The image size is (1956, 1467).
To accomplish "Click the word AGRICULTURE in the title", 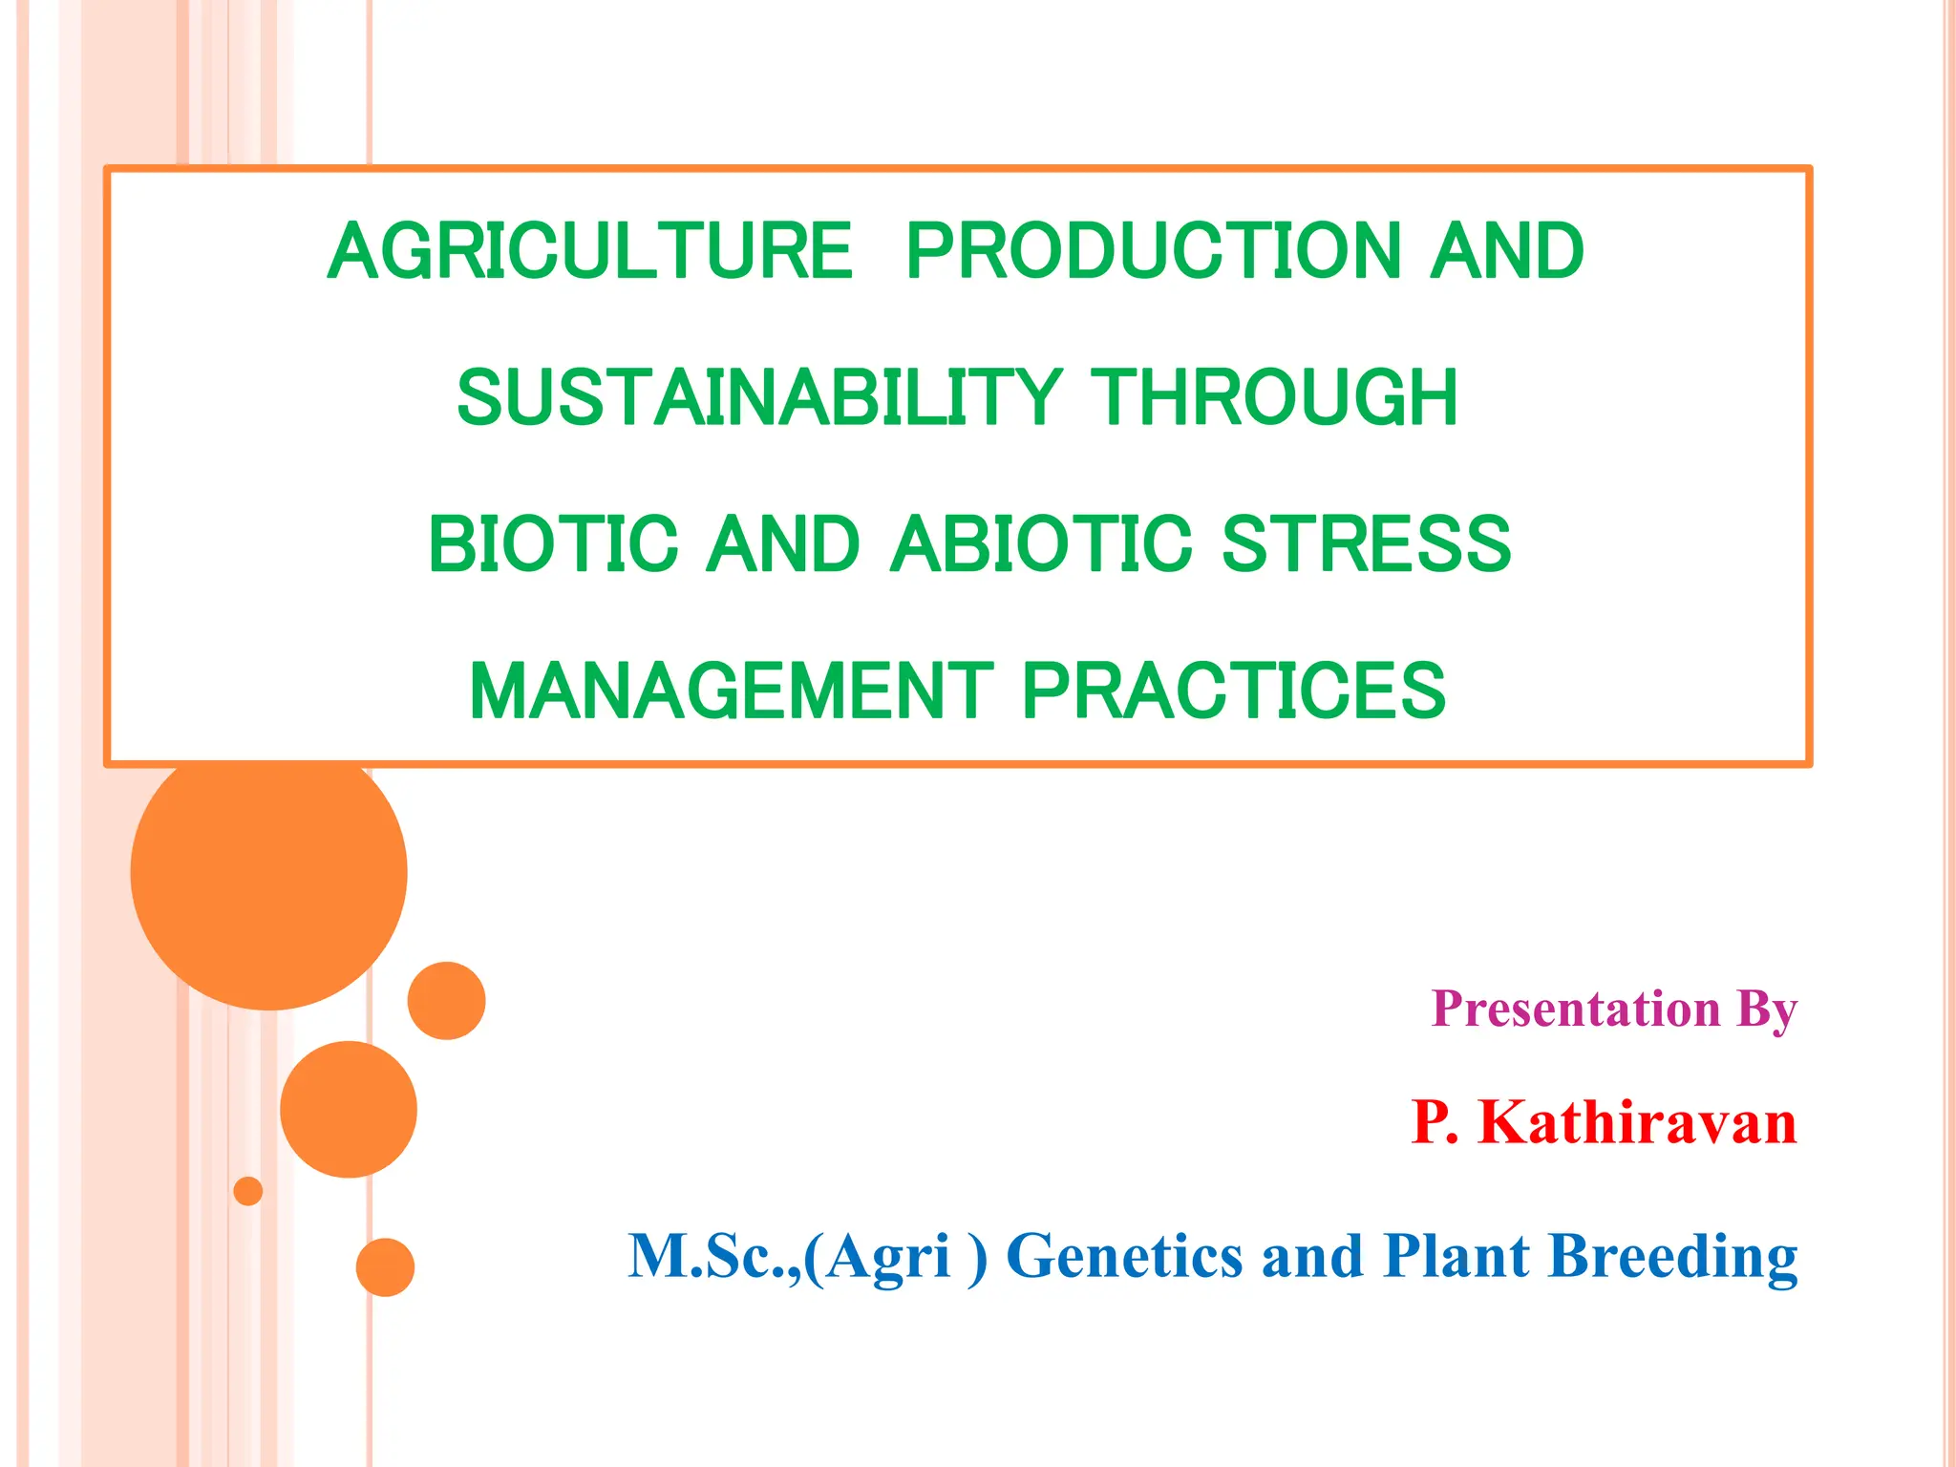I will tap(589, 251).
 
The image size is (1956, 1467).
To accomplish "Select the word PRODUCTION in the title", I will tap(1150, 251).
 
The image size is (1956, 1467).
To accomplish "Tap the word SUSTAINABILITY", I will tap(759, 397).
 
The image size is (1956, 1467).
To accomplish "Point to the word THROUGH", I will tap(1274, 397).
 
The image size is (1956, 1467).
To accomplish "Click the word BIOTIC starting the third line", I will tap(553, 544).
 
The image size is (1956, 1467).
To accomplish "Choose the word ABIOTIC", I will tap(1041, 544).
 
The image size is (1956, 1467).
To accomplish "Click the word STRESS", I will tap(1366, 544).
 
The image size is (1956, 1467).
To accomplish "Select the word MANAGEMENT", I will tap(732, 691).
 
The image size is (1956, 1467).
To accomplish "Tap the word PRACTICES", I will tap(1233, 691).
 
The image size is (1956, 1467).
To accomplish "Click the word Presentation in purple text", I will tap(1576, 1010).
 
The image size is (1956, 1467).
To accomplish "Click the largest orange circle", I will tap(269, 872).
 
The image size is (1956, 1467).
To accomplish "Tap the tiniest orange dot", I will tap(248, 1191).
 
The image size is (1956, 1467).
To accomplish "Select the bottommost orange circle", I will tap(385, 1267).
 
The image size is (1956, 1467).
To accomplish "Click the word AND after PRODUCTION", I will tap(1506, 251).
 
